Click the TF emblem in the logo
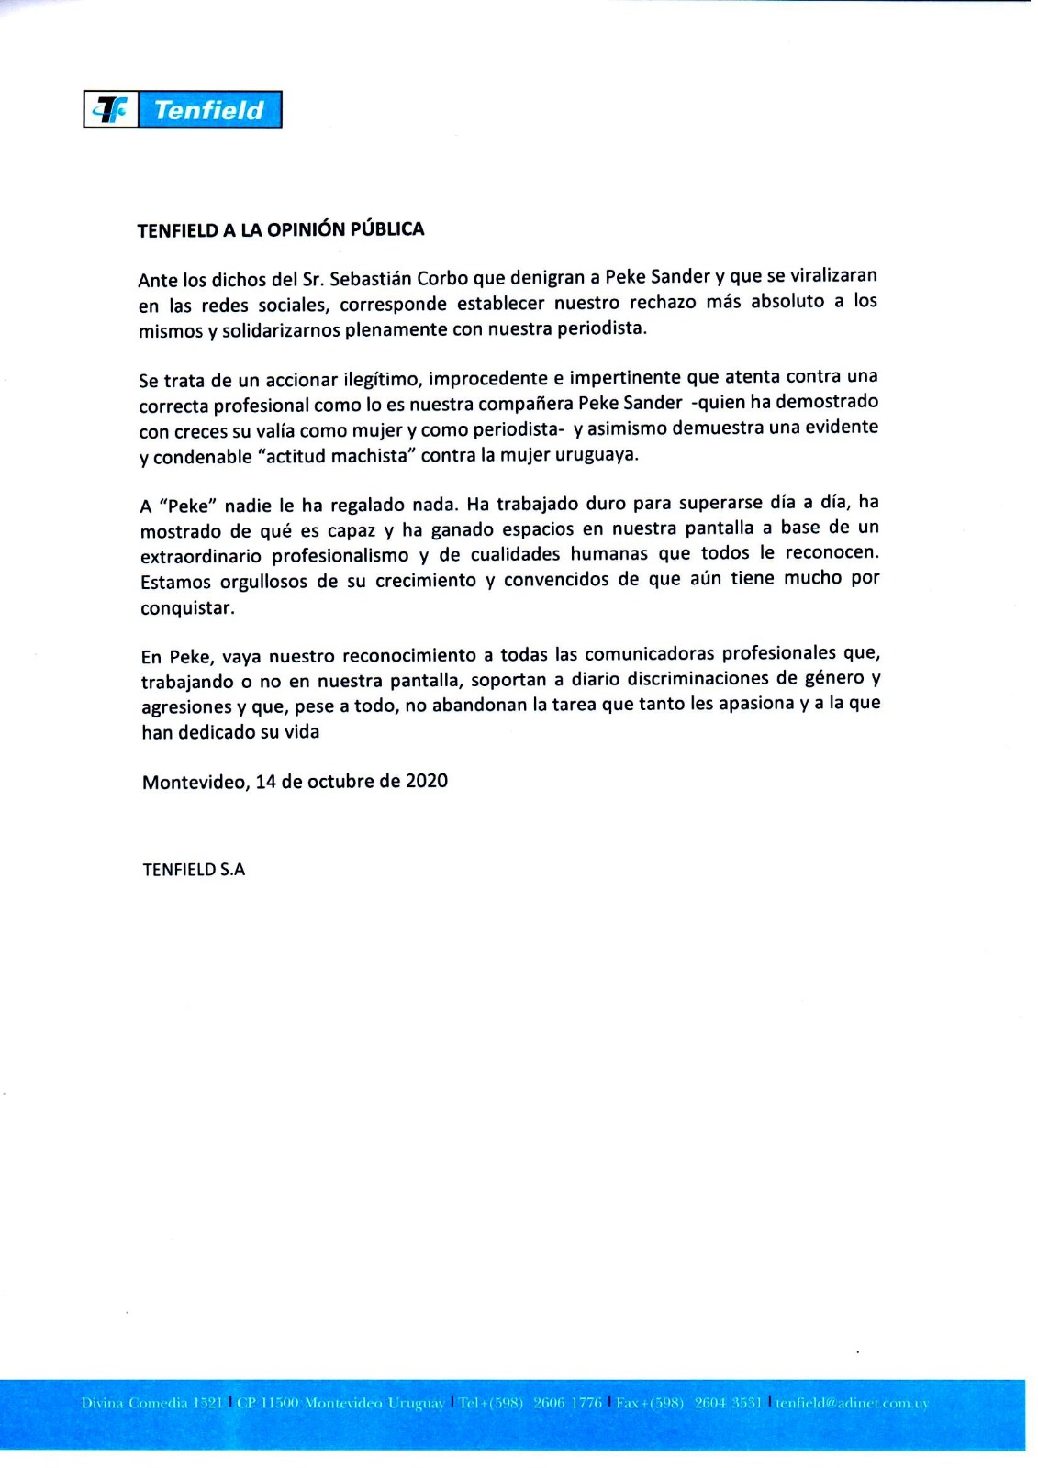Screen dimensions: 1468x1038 pos(111,110)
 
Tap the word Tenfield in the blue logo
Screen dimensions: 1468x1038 pos(209,110)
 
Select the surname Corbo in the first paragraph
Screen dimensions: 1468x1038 pos(442,278)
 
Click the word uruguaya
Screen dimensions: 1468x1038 pos(596,454)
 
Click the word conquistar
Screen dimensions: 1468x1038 pos(187,607)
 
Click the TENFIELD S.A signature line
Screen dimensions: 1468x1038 pos(194,870)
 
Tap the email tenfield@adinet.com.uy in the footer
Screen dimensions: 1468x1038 pos(852,1403)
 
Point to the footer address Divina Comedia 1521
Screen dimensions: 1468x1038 pos(151,1403)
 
